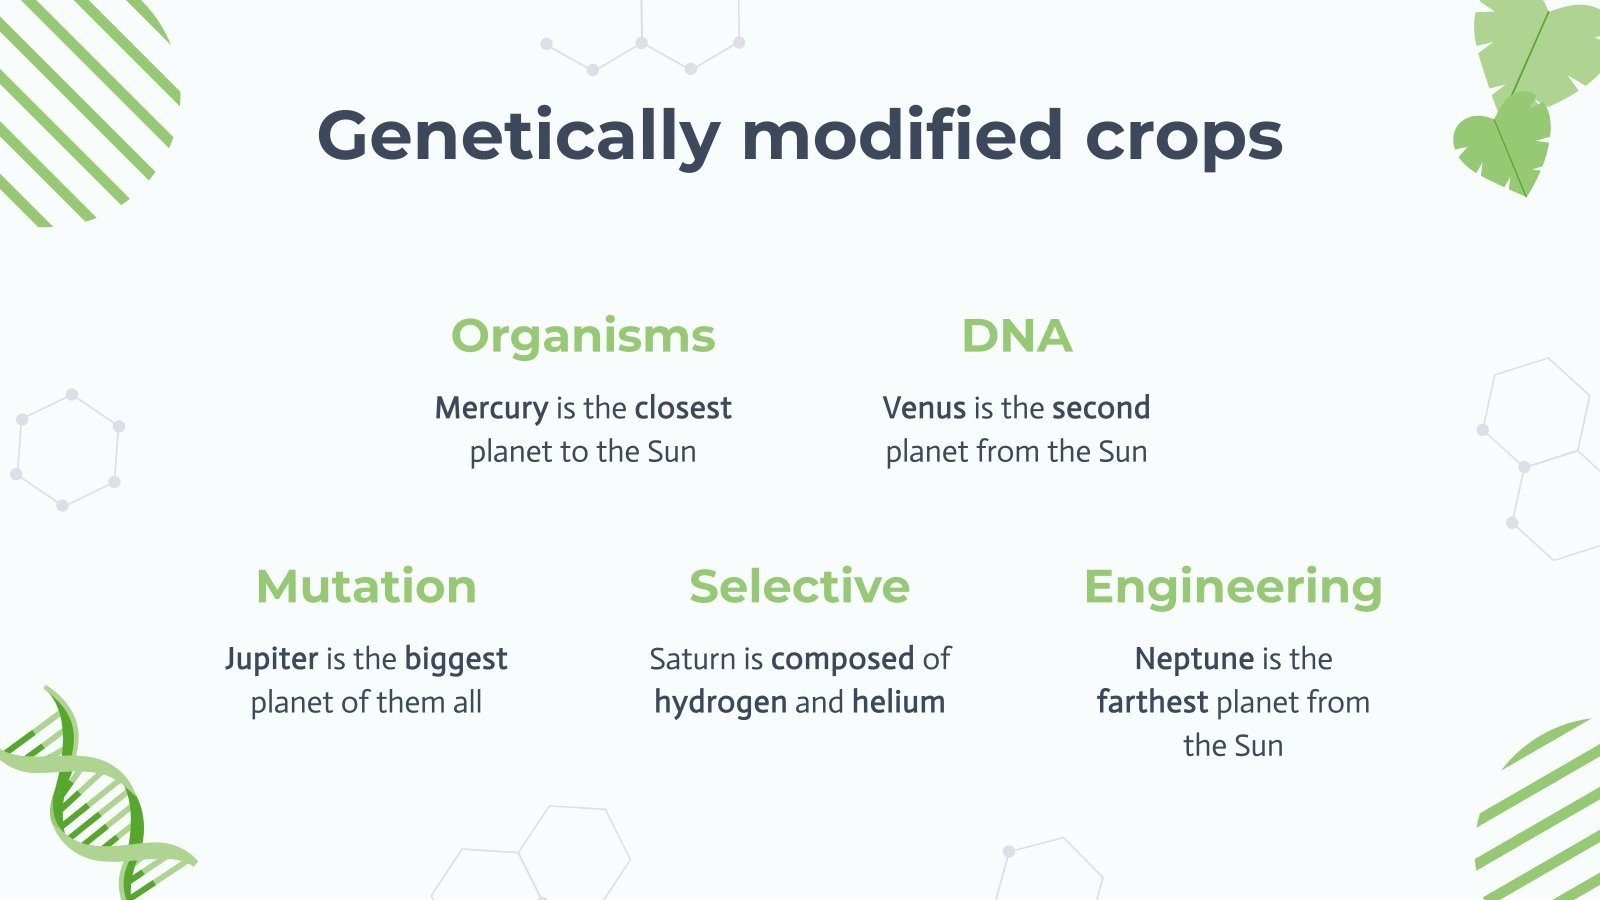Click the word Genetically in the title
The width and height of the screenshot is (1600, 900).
[x=518, y=136]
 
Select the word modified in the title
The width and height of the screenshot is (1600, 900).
[x=901, y=136]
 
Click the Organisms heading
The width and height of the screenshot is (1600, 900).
[x=583, y=336]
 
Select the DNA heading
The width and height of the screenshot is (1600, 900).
[x=1016, y=336]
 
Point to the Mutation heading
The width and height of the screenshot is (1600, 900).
[x=366, y=587]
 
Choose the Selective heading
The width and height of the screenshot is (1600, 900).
[x=799, y=587]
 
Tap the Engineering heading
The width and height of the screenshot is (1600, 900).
[x=1232, y=587]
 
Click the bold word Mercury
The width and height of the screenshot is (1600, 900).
[x=491, y=408]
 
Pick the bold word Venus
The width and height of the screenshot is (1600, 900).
[x=924, y=408]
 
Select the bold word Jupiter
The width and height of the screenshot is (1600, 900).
[x=271, y=659]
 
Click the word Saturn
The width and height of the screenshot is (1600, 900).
[x=692, y=659]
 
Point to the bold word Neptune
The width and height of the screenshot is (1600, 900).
[x=1194, y=659]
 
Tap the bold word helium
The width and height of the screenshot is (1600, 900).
[x=898, y=702]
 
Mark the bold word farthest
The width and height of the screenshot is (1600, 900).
[x=1152, y=702]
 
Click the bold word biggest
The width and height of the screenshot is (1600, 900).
[x=456, y=659]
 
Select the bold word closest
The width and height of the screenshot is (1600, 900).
[x=683, y=408]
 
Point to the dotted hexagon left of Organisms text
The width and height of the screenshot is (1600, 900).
[x=67, y=450]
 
